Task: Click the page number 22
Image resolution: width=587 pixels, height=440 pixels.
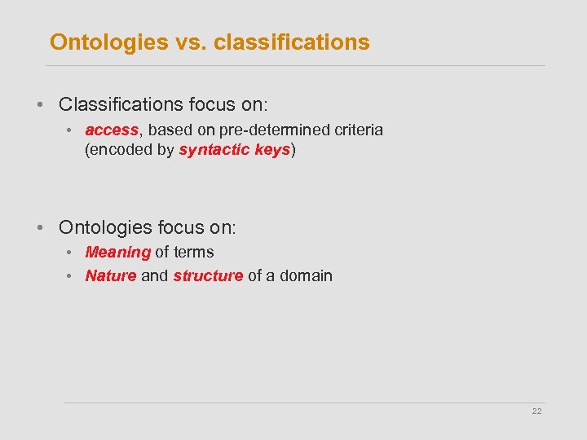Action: [x=536, y=411]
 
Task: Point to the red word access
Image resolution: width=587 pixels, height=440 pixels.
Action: [x=111, y=130]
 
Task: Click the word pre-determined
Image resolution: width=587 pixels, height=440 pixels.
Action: [x=265, y=130]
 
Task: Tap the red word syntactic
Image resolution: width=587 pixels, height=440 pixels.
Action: [x=210, y=151]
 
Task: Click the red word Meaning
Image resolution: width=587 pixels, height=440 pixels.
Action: [x=117, y=253]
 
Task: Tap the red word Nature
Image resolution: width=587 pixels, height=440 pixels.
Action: [x=110, y=275]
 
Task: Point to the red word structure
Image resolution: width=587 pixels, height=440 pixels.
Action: [x=208, y=275]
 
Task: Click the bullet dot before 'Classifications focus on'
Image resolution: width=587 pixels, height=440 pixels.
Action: [x=39, y=105]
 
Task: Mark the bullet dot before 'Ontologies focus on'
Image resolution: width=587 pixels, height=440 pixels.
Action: [x=39, y=227]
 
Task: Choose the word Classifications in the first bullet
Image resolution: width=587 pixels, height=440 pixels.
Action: [x=121, y=105]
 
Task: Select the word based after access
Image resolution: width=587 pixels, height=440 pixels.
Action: [x=169, y=130]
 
